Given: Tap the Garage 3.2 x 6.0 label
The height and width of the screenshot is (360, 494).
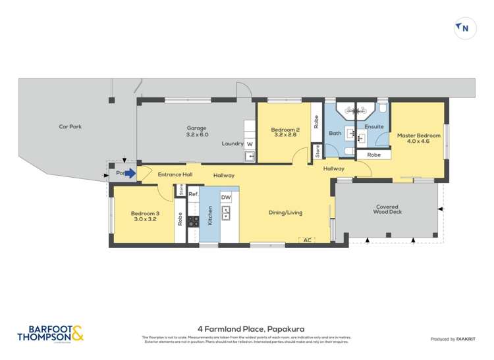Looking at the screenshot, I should coord(196,131).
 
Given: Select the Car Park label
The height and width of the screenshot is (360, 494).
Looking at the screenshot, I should coord(70,126).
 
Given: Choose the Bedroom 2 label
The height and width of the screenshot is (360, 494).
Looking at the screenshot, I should coord(285,132).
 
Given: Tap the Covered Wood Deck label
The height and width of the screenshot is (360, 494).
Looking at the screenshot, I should coord(386,209).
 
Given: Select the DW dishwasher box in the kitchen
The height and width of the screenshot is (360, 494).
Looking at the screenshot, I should coord(226,197).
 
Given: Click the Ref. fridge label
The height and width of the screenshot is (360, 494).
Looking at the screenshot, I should coord(194,195).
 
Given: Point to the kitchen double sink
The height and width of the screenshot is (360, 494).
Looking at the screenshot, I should coord(226,213).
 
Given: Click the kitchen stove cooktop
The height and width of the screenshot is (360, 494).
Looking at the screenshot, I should coord(194,222).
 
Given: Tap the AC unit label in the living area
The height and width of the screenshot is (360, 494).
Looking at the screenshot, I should coord(306,240).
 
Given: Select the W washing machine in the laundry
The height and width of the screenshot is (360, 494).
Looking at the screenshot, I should coord(250,143).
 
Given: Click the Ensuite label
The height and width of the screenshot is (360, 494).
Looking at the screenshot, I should coord(373,126).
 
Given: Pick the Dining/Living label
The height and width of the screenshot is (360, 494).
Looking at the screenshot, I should coord(285,213).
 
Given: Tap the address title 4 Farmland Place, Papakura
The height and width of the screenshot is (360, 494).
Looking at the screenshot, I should coord(246,328).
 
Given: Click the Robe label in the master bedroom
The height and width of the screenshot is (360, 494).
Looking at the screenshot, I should coord(373,155).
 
